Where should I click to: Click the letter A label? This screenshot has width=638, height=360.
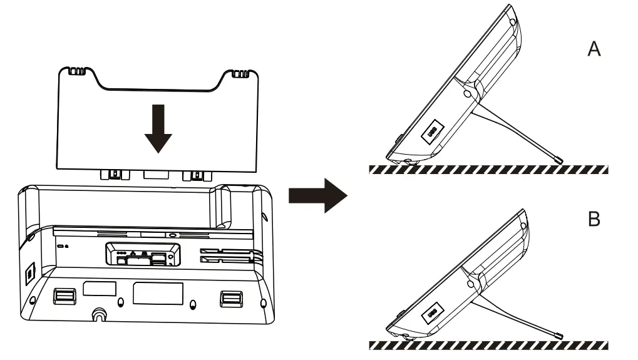(x=594, y=49)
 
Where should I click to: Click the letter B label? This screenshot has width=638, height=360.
(x=594, y=220)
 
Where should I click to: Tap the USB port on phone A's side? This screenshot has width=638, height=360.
(x=431, y=131)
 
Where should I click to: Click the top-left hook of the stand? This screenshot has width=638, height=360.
(x=75, y=73)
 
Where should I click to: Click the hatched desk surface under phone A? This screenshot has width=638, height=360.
(x=488, y=170)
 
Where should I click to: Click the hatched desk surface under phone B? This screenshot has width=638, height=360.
(x=488, y=346)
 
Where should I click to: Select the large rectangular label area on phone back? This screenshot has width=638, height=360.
(x=158, y=294)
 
